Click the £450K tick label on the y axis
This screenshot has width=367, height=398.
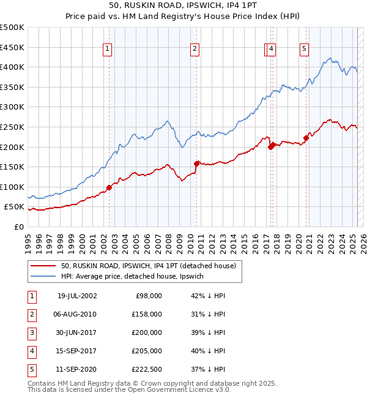click(12, 47)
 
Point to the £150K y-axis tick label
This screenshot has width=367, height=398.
click(12, 167)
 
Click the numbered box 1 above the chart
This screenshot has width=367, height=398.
click(107, 50)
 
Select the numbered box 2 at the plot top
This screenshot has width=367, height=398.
click(194, 50)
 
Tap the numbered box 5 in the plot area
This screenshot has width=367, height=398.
click(304, 50)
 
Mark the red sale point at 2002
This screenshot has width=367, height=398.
click(109, 187)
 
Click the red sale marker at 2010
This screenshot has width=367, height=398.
click(197, 163)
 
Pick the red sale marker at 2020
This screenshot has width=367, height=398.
click(306, 138)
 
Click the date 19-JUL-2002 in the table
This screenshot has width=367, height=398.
click(77, 296)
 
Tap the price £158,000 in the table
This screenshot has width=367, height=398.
click(147, 314)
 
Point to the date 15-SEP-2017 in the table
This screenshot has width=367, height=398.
click(77, 351)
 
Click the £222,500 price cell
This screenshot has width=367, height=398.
click(147, 369)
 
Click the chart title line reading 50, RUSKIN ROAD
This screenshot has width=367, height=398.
click(183, 7)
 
